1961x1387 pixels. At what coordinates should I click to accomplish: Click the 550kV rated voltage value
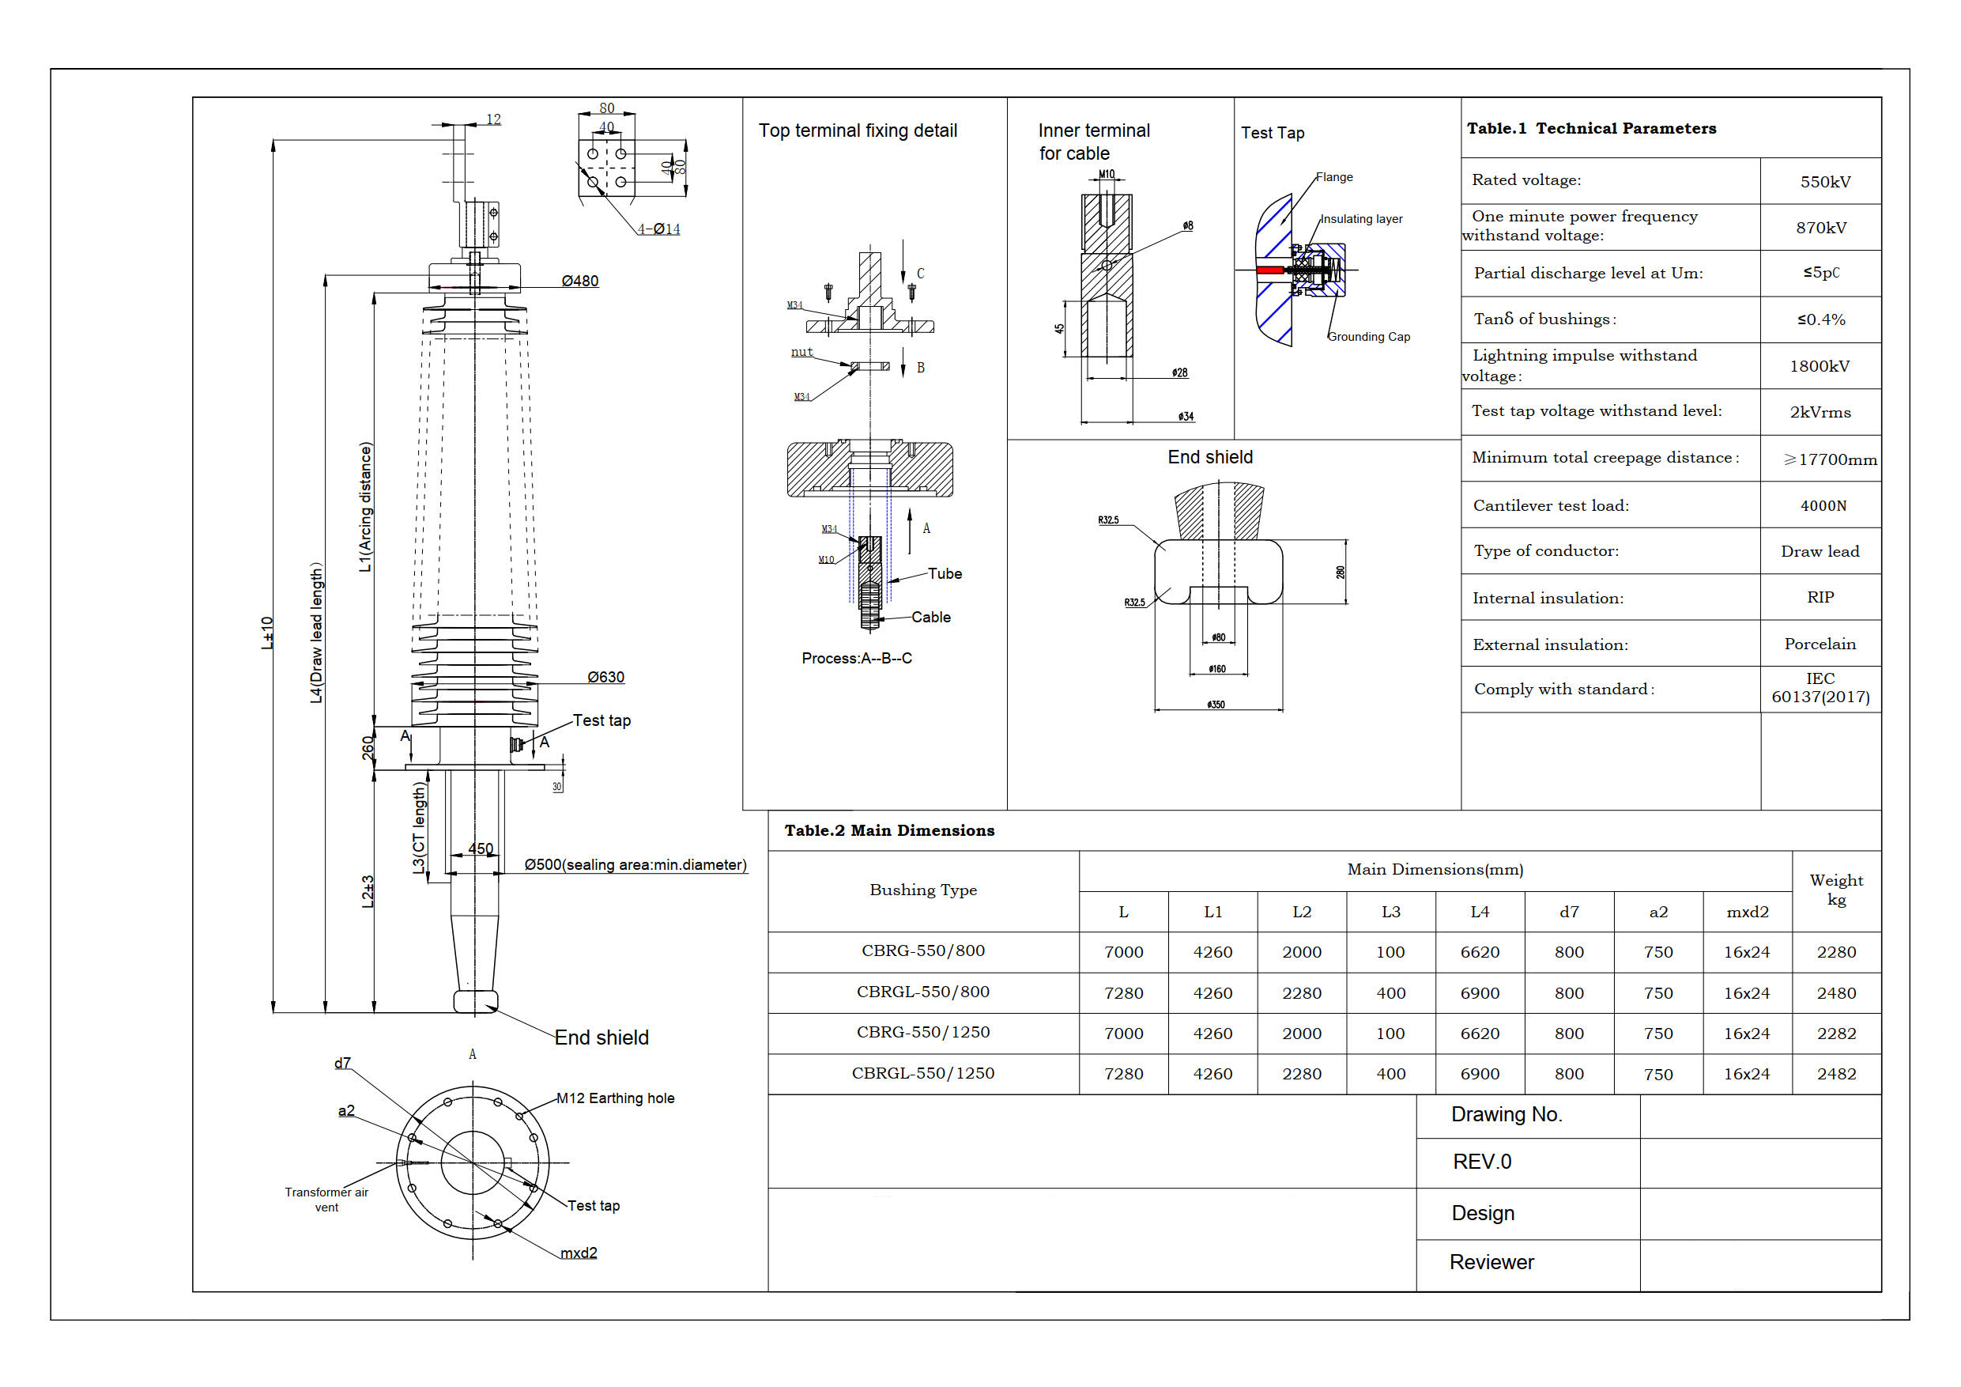pos(1824,182)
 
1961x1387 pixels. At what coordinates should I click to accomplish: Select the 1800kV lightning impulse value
pos(1820,367)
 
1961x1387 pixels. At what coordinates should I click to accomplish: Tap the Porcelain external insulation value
pos(1820,644)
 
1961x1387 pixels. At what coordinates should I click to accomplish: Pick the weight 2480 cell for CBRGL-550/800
pos(1835,993)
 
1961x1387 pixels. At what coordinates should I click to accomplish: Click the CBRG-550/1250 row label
pos(922,1033)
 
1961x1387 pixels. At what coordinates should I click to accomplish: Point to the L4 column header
pos(1480,913)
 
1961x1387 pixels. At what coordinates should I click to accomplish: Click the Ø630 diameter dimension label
pos(605,678)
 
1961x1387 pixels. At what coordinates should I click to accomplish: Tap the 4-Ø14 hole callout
pos(658,229)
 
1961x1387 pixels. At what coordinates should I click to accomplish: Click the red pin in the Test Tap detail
pos(1270,270)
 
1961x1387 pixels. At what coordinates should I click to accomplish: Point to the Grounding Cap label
pos(1368,337)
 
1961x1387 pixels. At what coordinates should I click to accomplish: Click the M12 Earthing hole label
pos(615,1098)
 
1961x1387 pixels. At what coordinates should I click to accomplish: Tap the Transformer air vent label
pos(326,1200)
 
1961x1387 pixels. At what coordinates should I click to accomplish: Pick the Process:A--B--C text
pos(857,658)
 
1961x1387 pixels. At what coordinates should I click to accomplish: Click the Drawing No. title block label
pos(1507,1114)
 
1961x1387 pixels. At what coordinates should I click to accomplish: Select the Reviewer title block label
pos(1491,1262)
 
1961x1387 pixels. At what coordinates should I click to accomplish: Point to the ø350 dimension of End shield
pos(1216,705)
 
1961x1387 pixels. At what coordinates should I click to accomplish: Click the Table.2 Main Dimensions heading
pos(889,830)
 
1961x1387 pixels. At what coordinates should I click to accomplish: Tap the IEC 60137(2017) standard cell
pos(1820,688)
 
